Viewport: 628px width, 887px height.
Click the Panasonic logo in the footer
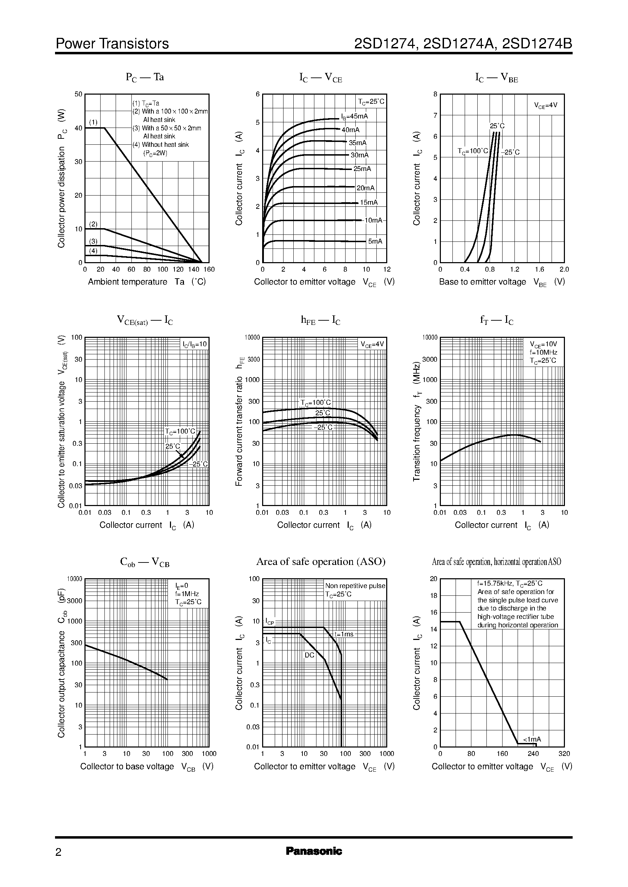pyautogui.click(x=314, y=851)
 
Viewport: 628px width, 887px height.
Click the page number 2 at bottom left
pyautogui.click(x=59, y=852)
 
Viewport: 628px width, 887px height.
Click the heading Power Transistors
pyautogui.click(x=112, y=44)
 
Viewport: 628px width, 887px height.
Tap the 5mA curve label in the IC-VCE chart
pyautogui.click(x=375, y=241)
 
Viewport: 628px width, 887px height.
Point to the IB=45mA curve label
pyautogui.click(x=354, y=116)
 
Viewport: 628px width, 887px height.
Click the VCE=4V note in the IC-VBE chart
pyautogui.click(x=546, y=105)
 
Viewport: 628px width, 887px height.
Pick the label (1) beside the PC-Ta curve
pyautogui.click(x=94, y=122)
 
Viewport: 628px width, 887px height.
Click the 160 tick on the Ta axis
pyautogui.click(x=209, y=269)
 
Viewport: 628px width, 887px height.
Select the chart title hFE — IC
pyautogui.click(x=321, y=320)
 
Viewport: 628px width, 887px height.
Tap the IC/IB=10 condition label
pyautogui.click(x=195, y=344)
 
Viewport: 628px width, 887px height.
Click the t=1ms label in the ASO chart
pyautogui.click(x=344, y=634)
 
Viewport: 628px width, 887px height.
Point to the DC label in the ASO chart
pyautogui.click(x=309, y=655)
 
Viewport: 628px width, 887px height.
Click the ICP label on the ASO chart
pyautogui.click(x=269, y=622)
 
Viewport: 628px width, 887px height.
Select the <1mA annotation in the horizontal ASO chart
pyautogui.click(x=532, y=739)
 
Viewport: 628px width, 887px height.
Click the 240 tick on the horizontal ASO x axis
pyautogui.click(x=533, y=753)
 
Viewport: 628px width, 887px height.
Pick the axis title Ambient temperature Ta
pyautogui.click(x=147, y=281)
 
